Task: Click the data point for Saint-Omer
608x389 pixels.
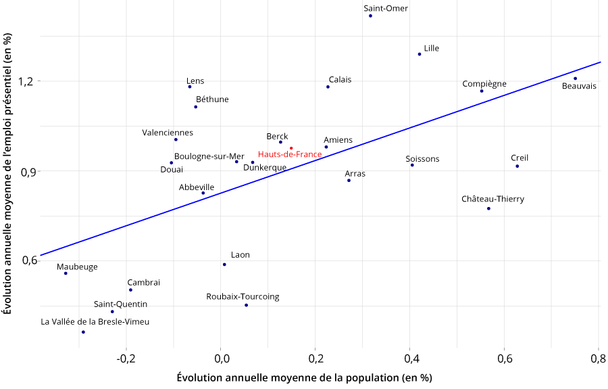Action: click(371, 16)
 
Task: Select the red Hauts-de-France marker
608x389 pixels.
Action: click(291, 148)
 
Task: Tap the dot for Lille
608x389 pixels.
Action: click(420, 54)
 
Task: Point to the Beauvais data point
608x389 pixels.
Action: click(576, 78)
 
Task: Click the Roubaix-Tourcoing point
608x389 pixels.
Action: click(246, 305)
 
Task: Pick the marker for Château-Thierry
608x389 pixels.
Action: click(488, 208)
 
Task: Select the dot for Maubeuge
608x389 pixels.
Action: click(66, 273)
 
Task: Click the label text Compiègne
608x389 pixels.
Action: click(484, 84)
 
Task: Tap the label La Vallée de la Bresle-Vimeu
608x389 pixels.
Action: click(95, 322)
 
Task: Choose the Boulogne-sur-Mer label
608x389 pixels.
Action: click(209, 156)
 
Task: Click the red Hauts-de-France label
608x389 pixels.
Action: click(290, 154)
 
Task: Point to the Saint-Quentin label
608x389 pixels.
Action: click(120, 304)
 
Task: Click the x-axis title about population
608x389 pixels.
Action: click(304, 377)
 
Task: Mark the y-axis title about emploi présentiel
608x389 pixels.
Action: click(8, 175)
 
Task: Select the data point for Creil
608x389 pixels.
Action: click(517, 166)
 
